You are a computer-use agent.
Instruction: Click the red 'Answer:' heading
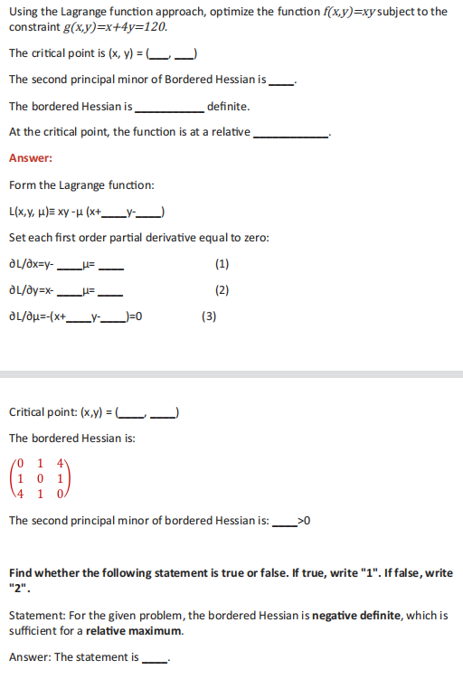tap(30, 158)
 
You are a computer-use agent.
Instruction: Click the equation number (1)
tap(222, 264)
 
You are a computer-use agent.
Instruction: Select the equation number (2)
tap(222, 290)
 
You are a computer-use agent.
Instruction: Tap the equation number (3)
tap(210, 316)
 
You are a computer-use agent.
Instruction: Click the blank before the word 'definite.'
tap(169, 108)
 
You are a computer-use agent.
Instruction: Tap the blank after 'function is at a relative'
tap(291, 134)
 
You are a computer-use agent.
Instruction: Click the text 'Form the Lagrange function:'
tap(81, 185)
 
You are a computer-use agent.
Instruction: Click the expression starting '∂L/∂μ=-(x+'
tap(74, 317)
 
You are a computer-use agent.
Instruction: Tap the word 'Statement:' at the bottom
tap(36, 616)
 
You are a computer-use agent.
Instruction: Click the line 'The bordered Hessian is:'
tap(72, 439)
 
